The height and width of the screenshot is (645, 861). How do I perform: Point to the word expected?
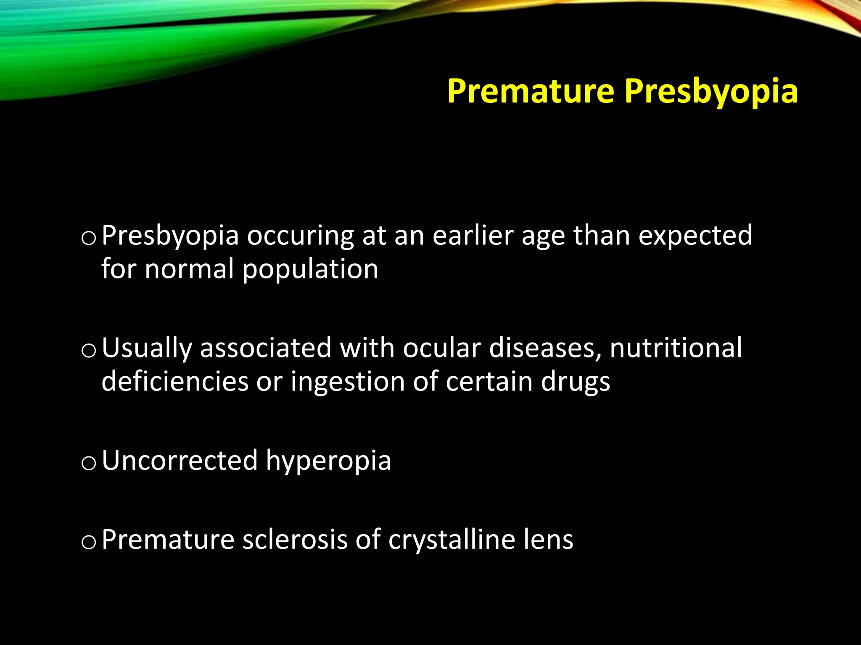click(695, 236)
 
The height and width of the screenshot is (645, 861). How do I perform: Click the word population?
click(310, 270)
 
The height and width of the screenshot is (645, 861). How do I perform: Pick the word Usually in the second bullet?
click(147, 349)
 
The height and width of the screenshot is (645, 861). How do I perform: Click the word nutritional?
click(676, 348)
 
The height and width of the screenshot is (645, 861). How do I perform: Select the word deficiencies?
click(175, 382)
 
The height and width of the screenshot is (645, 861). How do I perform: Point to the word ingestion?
click(348, 383)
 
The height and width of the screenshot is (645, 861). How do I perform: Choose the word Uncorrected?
click(180, 461)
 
